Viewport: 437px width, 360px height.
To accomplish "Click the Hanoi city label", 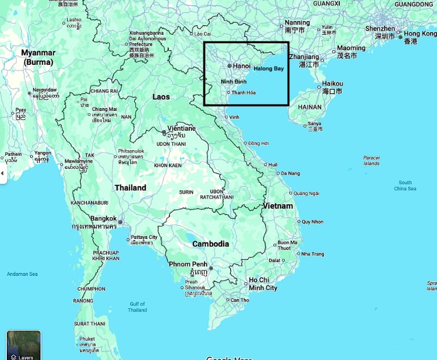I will [x=242, y=66].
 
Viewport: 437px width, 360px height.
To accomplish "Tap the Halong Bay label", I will [x=268, y=69].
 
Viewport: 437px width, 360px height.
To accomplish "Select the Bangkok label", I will [x=103, y=218].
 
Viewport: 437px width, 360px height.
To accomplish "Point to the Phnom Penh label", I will [x=187, y=264].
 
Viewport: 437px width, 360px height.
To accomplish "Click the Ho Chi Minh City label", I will [x=263, y=284].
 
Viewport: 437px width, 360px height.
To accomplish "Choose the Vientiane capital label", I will [x=181, y=129].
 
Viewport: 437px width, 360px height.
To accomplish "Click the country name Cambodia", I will [x=210, y=243].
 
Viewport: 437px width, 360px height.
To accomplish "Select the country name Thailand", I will [x=130, y=188].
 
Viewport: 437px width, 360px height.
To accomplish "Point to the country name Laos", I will [x=161, y=97].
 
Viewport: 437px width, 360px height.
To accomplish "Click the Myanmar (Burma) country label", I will [x=38, y=57].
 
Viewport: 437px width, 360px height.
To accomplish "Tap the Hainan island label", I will [x=310, y=107].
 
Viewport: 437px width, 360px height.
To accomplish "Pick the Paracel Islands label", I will [x=371, y=160].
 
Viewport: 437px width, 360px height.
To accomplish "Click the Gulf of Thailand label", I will [x=137, y=307].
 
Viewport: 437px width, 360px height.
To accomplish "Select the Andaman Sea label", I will [x=22, y=275].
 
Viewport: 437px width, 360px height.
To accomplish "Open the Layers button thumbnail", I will [x=24, y=345].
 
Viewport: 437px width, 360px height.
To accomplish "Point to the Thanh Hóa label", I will [x=243, y=93].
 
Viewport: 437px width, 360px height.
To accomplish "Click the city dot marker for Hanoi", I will [x=230, y=66].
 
